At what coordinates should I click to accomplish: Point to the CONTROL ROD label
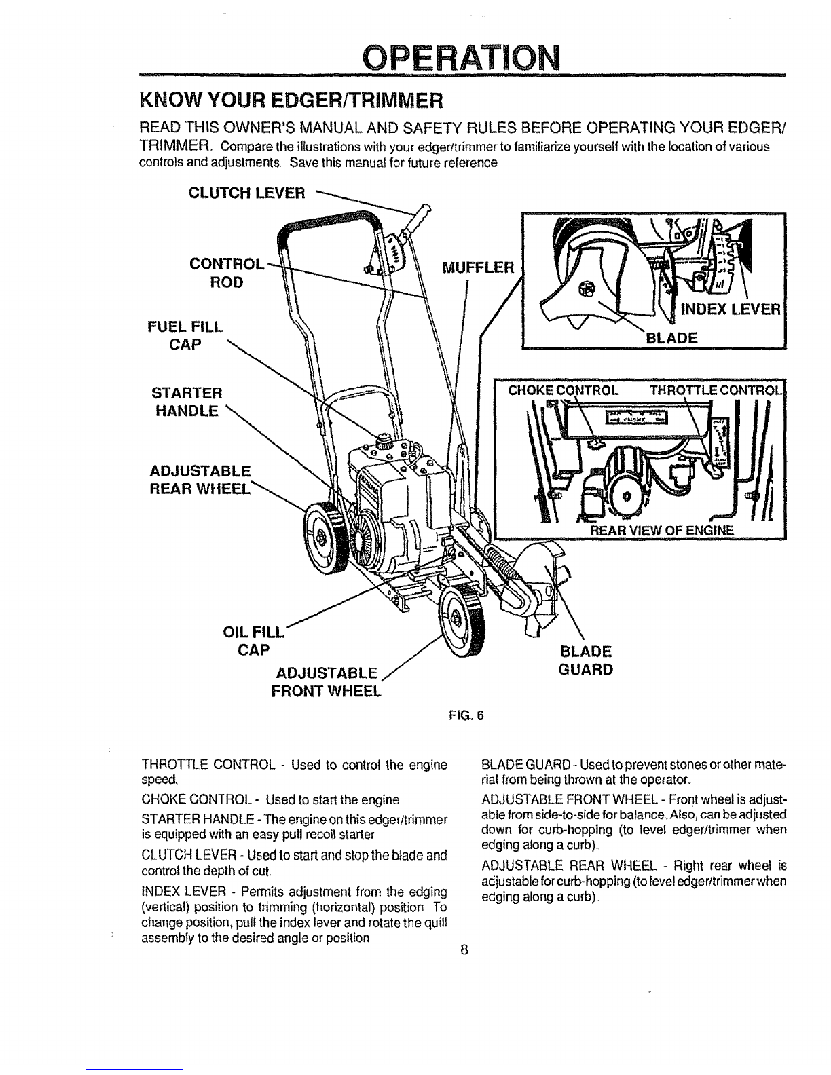[223, 272]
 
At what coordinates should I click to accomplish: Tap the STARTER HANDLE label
[185, 402]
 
